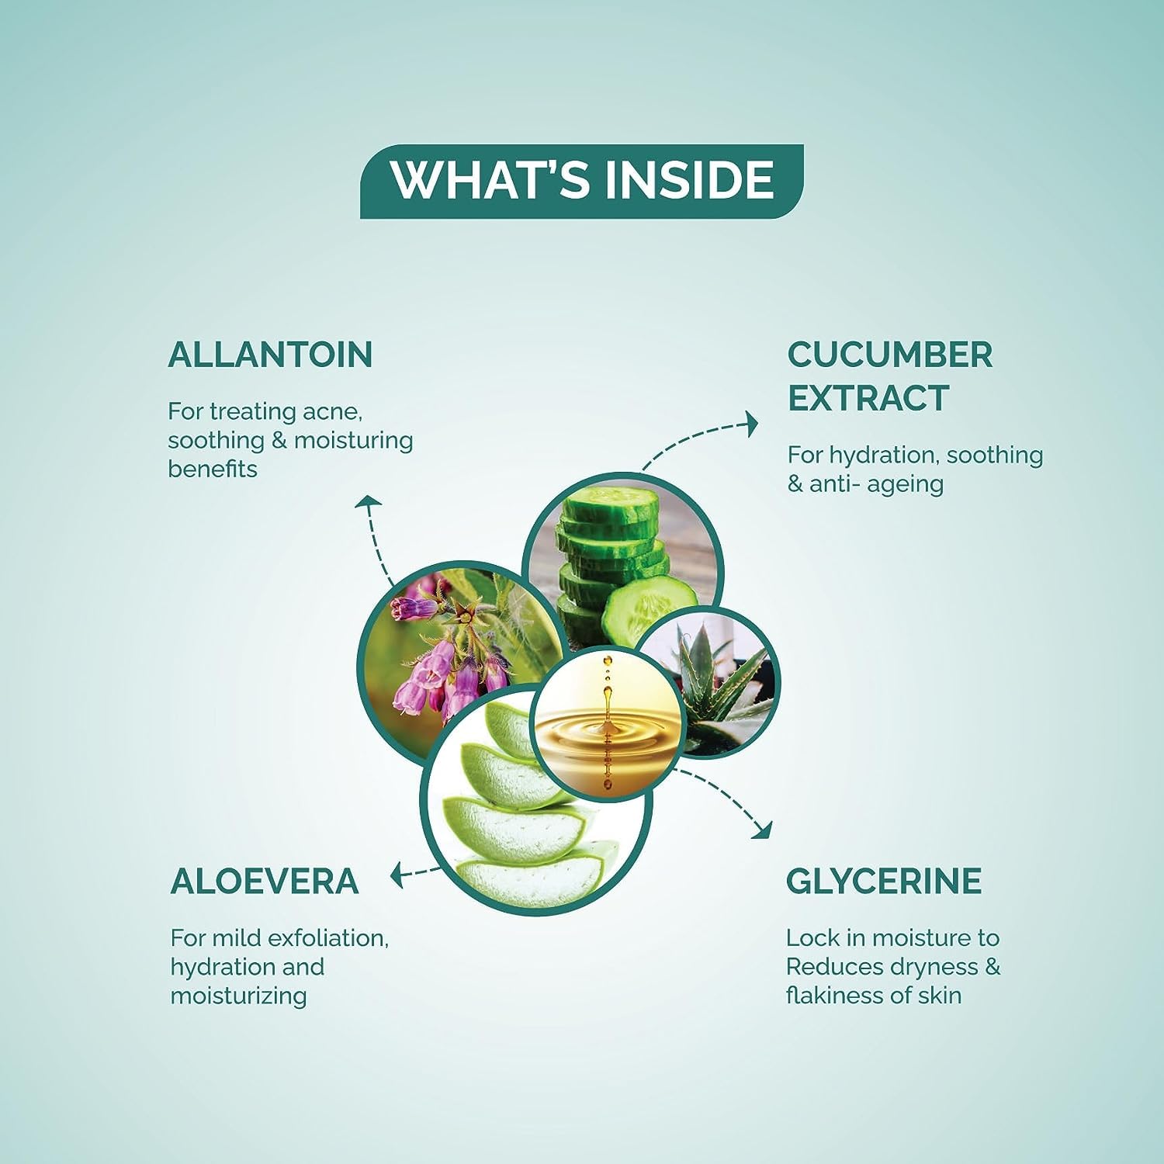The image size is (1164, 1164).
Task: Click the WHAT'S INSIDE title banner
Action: (x=582, y=181)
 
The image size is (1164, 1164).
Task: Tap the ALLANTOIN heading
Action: (x=270, y=355)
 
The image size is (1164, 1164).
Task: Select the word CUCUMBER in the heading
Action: (x=889, y=355)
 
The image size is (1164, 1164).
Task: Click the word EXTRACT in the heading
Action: (x=868, y=398)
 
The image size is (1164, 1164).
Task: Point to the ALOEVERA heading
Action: (x=264, y=881)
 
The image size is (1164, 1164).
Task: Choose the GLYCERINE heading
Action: (x=884, y=881)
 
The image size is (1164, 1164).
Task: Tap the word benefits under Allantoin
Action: (x=213, y=469)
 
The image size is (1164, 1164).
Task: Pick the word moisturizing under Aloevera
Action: (x=238, y=996)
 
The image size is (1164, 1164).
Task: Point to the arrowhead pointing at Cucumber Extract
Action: (x=751, y=423)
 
